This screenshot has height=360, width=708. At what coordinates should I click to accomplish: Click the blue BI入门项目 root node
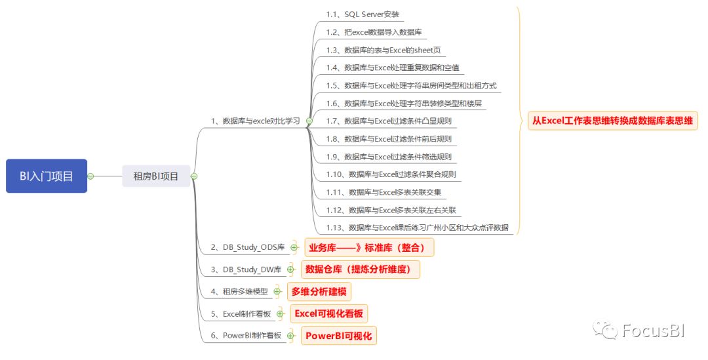(x=47, y=176)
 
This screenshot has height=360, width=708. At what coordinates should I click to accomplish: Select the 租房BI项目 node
(x=156, y=176)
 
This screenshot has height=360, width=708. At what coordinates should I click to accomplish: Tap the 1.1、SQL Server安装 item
(x=363, y=14)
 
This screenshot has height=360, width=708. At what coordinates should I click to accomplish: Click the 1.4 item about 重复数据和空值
(x=393, y=68)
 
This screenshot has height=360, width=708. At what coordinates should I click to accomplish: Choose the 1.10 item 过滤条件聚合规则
(x=391, y=174)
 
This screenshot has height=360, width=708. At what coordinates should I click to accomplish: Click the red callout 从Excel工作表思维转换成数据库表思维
(x=612, y=121)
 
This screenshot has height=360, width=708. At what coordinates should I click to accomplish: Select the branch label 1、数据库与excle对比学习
(x=255, y=121)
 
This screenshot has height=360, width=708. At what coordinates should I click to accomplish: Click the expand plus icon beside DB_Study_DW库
(x=290, y=270)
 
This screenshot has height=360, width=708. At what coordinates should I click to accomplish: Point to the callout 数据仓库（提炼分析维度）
(x=359, y=269)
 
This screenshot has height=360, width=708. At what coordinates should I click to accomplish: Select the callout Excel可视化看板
(x=328, y=313)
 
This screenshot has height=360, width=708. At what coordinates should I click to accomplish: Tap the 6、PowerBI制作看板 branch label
(x=246, y=336)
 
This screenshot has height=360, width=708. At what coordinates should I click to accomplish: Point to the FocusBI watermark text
(x=656, y=330)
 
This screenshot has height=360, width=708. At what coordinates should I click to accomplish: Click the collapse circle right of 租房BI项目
(x=194, y=176)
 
